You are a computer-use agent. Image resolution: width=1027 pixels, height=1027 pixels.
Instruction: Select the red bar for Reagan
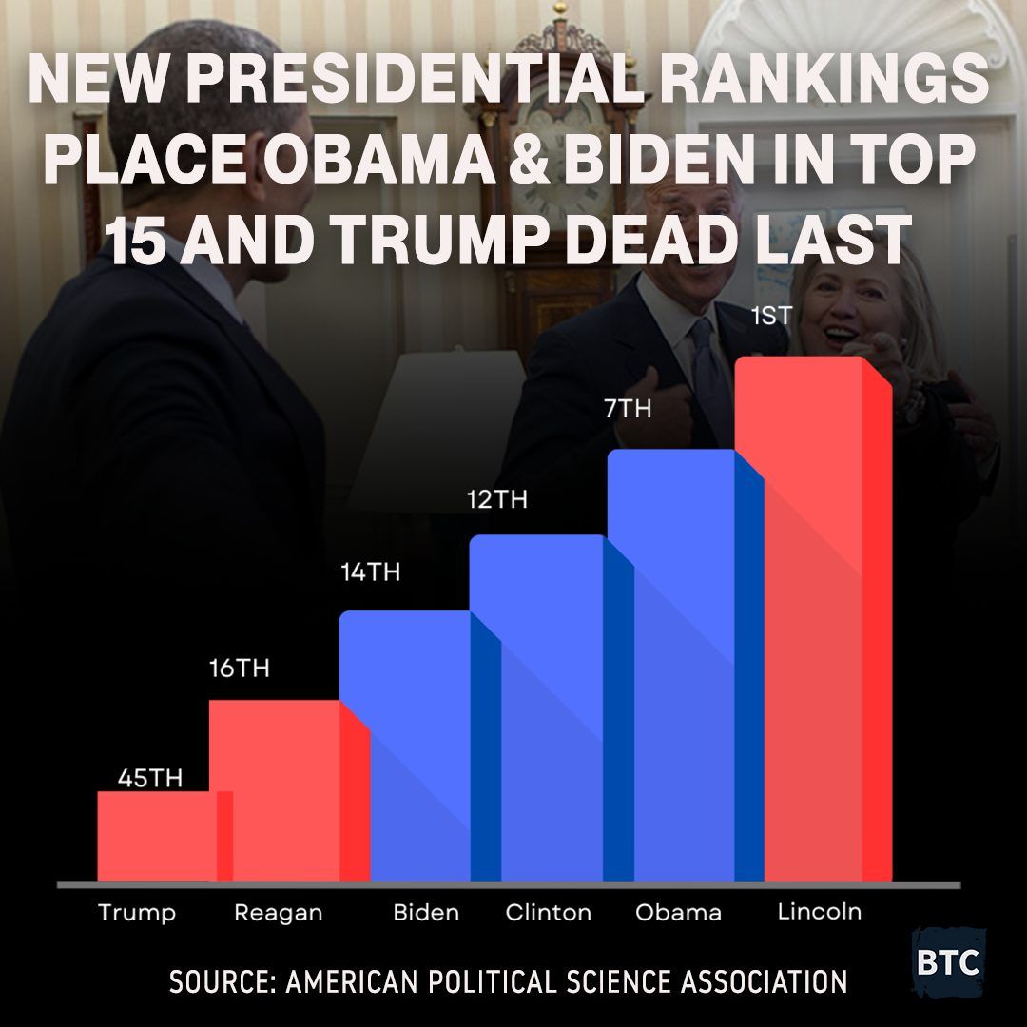(276, 789)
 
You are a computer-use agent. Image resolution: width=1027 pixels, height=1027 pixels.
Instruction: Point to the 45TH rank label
(149, 779)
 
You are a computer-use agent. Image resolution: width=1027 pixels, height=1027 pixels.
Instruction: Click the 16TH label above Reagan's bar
(240, 669)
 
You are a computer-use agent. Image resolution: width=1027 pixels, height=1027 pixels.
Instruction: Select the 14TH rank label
(371, 573)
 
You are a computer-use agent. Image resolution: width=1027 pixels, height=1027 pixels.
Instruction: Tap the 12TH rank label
(497, 499)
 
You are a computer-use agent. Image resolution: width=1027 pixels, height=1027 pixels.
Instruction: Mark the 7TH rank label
(628, 410)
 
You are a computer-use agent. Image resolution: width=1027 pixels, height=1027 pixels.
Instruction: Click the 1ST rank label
(770, 317)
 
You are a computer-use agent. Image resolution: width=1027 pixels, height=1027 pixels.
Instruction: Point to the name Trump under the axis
(137, 914)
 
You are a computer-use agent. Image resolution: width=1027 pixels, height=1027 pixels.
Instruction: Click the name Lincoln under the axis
(820, 912)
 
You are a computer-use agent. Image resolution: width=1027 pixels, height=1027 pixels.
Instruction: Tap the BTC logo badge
(948, 961)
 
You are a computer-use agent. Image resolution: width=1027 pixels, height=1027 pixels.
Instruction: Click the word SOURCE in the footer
(219, 982)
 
